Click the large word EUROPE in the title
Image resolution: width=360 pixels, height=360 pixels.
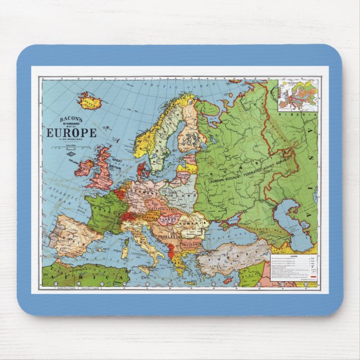click(71, 133)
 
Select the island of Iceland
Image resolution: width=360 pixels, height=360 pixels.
click(88, 101)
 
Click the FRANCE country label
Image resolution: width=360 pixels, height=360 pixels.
click(104, 207)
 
